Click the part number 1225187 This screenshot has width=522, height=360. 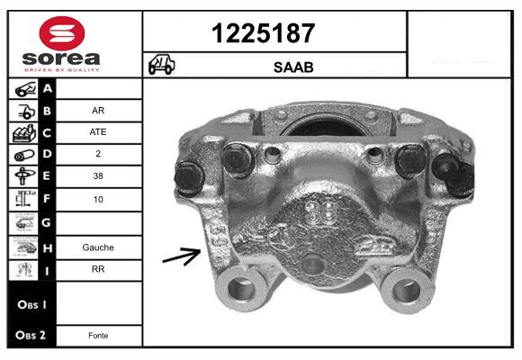click(x=263, y=33)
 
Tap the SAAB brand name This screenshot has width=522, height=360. click(x=293, y=67)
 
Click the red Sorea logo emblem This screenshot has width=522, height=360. click(x=62, y=33)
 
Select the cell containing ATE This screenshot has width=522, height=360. click(x=98, y=132)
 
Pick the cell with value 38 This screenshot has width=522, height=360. click(x=98, y=175)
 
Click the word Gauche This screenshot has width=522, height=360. click(x=98, y=247)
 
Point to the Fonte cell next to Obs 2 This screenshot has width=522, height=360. click(x=98, y=336)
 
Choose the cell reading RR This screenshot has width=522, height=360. click(x=98, y=269)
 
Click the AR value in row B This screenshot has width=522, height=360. click(x=98, y=111)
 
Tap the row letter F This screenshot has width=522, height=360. click(x=47, y=199)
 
